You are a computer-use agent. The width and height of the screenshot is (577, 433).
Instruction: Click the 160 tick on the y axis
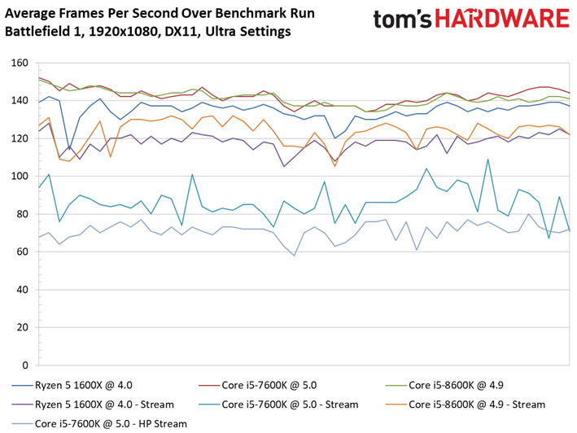20,63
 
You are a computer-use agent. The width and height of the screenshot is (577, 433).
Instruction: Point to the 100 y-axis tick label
20,177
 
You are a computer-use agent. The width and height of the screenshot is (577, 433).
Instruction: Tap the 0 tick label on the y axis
25,365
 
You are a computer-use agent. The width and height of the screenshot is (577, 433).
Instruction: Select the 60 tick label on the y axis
22,252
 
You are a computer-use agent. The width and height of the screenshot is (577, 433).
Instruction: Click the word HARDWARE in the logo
502,19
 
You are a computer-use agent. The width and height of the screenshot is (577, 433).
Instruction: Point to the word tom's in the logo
403,20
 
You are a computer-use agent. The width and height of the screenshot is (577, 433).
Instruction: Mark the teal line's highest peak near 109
488,160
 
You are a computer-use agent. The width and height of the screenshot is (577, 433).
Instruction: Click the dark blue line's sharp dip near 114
69,150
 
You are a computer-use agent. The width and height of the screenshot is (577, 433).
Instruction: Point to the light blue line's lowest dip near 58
294,256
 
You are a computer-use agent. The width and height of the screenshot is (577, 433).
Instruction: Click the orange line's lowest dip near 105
334,166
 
